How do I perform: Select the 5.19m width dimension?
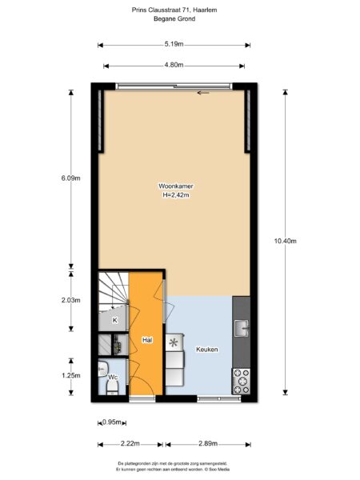pos(174,45)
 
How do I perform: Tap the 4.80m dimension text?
pos(174,65)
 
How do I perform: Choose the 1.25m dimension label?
pos(70,375)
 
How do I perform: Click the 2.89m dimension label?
pos(209,443)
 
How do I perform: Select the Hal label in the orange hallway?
pos(147,340)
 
